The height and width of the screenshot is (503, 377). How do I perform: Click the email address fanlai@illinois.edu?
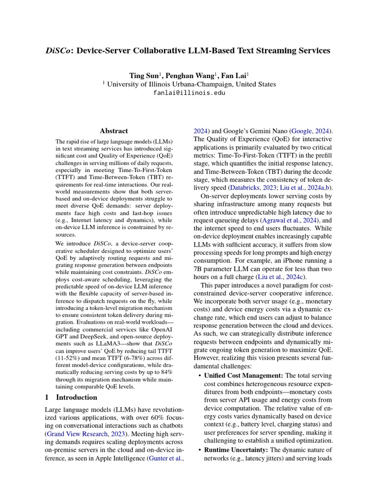[x=189, y=92]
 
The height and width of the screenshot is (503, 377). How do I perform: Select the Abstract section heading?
[x=114, y=131]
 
